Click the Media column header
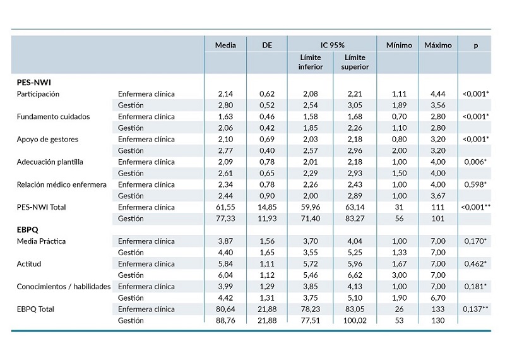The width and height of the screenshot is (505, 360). pyautogui.click(x=225, y=45)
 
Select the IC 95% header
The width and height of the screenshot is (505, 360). pyautogui.click(x=333, y=45)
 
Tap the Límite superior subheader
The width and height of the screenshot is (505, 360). pyautogui.click(x=355, y=63)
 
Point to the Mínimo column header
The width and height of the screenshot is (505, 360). pyautogui.click(x=399, y=45)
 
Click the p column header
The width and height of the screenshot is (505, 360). pyautogui.click(x=475, y=45)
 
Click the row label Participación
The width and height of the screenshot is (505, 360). pyautogui.click(x=38, y=94)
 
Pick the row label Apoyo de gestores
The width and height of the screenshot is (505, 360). pyautogui.click(x=44, y=139)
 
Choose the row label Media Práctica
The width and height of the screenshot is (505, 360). pyautogui.click(x=41, y=241)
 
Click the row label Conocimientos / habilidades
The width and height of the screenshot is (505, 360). pyautogui.click(x=64, y=287)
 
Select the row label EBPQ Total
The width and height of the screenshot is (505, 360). pyautogui.click(x=35, y=309)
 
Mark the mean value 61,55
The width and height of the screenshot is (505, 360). pyautogui.click(x=225, y=207)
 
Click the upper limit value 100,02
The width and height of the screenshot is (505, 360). pyautogui.click(x=355, y=321)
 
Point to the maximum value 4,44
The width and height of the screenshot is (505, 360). pyautogui.click(x=437, y=94)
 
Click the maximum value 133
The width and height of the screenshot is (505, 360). pyautogui.click(x=437, y=309)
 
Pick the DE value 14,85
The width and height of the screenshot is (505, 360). pyautogui.click(x=267, y=207)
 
